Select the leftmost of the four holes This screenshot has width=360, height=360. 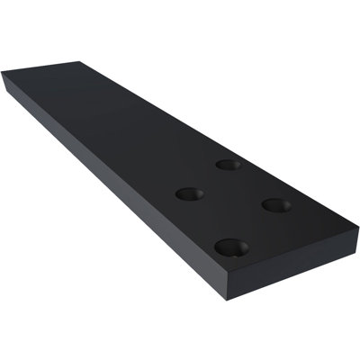point(188,193)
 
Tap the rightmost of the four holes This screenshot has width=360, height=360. point(274,205)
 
